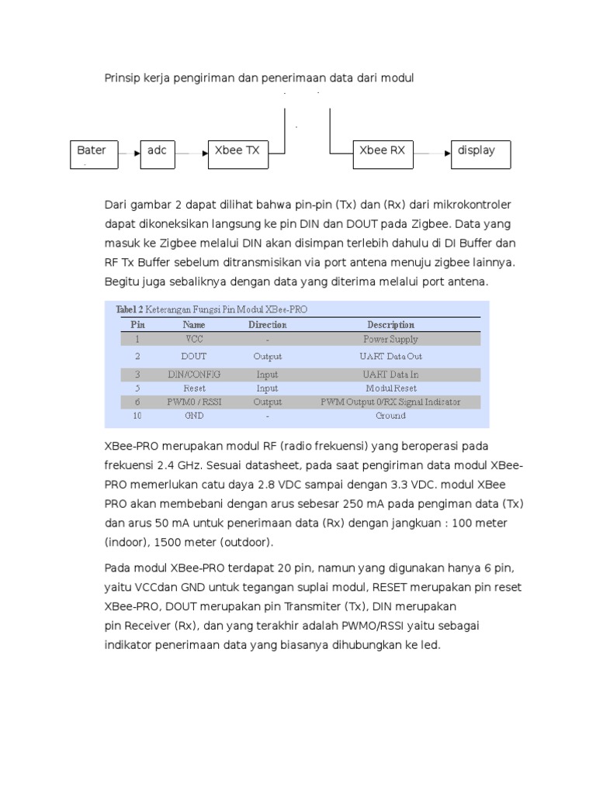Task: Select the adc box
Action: pos(158,154)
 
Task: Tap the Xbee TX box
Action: pos(237,154)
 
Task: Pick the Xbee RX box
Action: pos(383,154)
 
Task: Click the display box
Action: pos(481,154)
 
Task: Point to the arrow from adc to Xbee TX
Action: pos(192,154)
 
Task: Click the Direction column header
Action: pos(267,325)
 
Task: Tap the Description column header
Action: pos(390,325)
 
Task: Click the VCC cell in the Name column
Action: pos(194,339)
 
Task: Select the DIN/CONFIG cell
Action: pos(194,374)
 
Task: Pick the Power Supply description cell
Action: pos(390,339)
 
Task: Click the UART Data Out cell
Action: pos(390,357)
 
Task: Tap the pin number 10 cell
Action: pos(137,416)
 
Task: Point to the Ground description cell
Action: pos(390,416)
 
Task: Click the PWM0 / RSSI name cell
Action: pos(194,402)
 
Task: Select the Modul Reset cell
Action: pos(390,388)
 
